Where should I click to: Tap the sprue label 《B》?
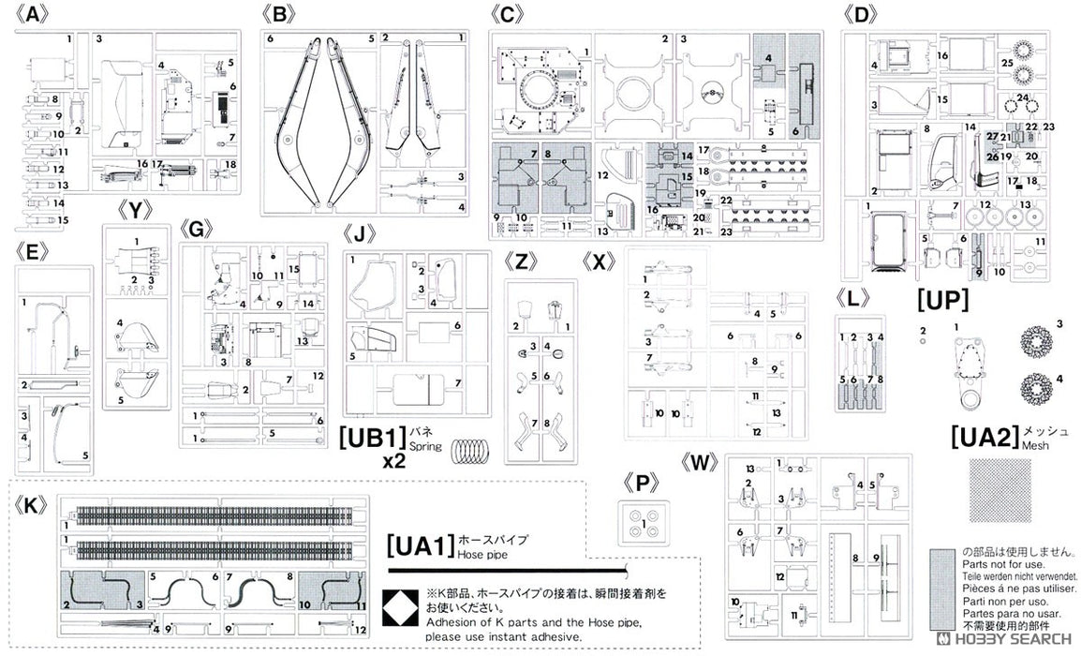[x=280, y=15]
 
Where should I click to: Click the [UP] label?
[x=941, y=301]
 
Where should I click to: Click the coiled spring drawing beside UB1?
[x=472, y=452]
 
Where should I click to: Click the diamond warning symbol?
[x=397, y=606]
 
